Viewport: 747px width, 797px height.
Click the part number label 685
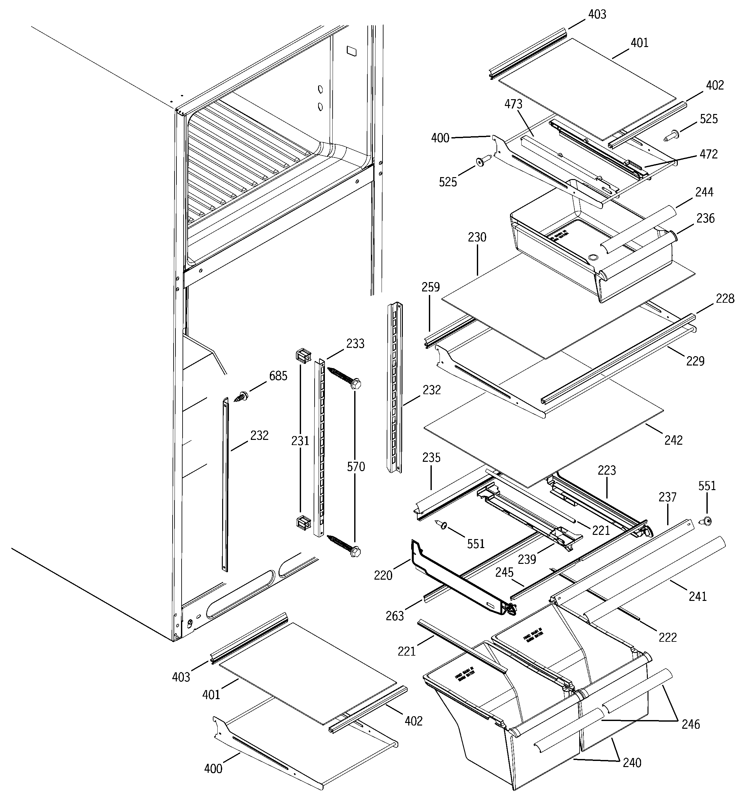click(x=278, y=376)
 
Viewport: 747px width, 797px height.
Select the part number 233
click(x=355, y=344)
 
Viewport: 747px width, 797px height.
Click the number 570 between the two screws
click(x=356, y=467)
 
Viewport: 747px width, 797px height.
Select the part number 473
click(x=513, y=104)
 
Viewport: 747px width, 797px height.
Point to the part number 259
click(x=430, y=287)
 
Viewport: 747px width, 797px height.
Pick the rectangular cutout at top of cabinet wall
click(x=352, y=51)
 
